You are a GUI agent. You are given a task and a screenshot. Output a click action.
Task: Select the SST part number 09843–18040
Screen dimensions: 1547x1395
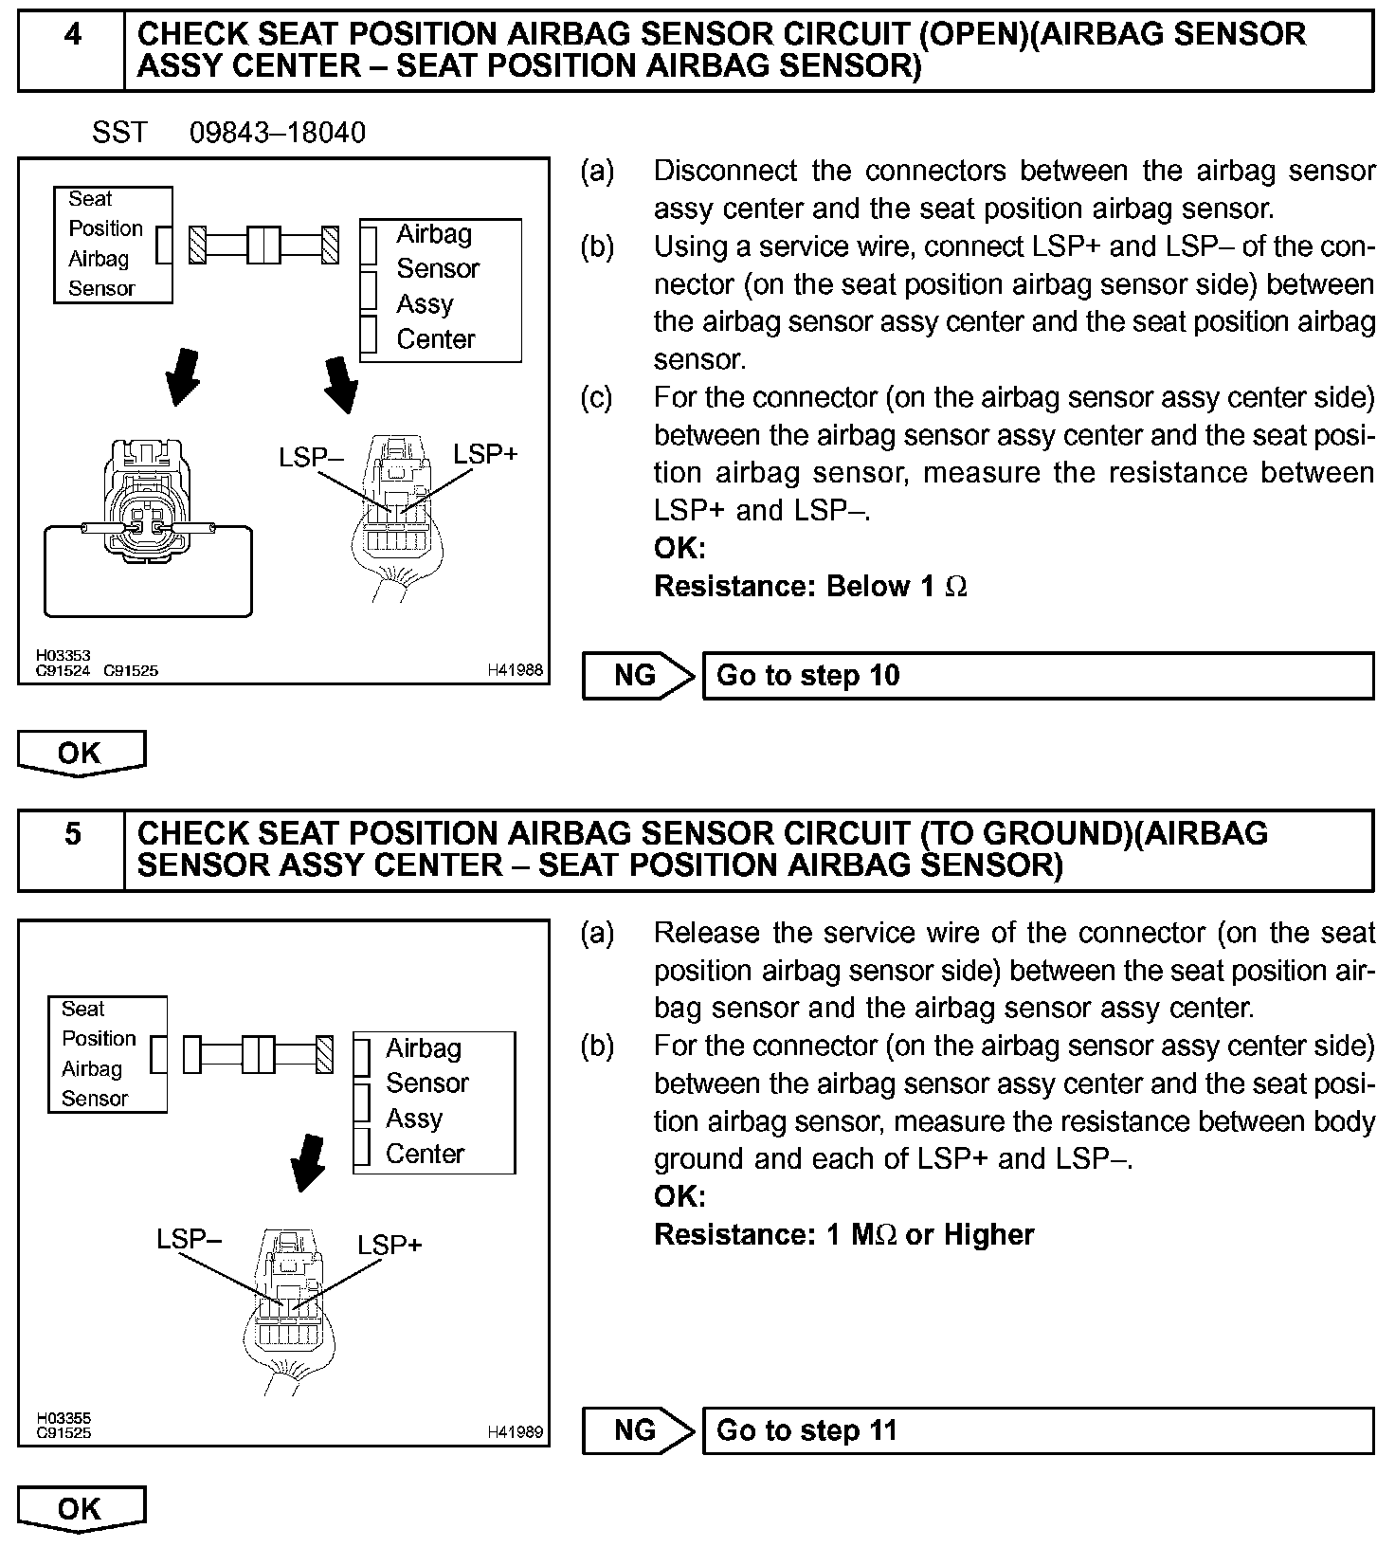278,133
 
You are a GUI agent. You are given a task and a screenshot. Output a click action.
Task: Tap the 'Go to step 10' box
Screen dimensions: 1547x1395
1037,676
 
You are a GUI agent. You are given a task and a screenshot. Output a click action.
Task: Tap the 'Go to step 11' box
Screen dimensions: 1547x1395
1037,1430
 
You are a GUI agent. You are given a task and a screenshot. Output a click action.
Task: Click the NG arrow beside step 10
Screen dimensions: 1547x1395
638,676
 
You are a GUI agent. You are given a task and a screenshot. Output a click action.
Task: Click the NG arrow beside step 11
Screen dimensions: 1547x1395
638,1430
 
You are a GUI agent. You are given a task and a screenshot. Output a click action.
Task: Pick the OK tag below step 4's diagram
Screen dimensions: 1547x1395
81,754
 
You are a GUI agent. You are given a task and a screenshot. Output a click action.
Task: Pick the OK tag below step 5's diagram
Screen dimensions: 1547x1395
81,1508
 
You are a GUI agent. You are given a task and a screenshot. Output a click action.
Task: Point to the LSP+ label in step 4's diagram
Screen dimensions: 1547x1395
485,454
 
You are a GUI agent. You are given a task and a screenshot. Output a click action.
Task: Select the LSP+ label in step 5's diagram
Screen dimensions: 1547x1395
390,1245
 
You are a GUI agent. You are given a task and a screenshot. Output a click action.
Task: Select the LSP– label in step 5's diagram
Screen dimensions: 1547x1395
190,1239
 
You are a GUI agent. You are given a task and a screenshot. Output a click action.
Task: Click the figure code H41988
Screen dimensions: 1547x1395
516,670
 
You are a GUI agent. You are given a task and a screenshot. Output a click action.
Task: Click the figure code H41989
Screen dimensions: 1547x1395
516,1432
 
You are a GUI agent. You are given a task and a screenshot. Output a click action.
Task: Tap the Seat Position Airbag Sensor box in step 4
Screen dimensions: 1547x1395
113,245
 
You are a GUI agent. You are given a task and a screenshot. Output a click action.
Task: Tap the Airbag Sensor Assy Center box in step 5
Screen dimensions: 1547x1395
435,1102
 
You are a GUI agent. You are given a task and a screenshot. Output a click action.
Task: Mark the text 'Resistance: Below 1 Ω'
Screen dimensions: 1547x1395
811,587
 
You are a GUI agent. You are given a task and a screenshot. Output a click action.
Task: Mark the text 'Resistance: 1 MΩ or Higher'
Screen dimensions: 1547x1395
844,1234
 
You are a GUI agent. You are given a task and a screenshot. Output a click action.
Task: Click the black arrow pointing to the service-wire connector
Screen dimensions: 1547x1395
183,376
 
